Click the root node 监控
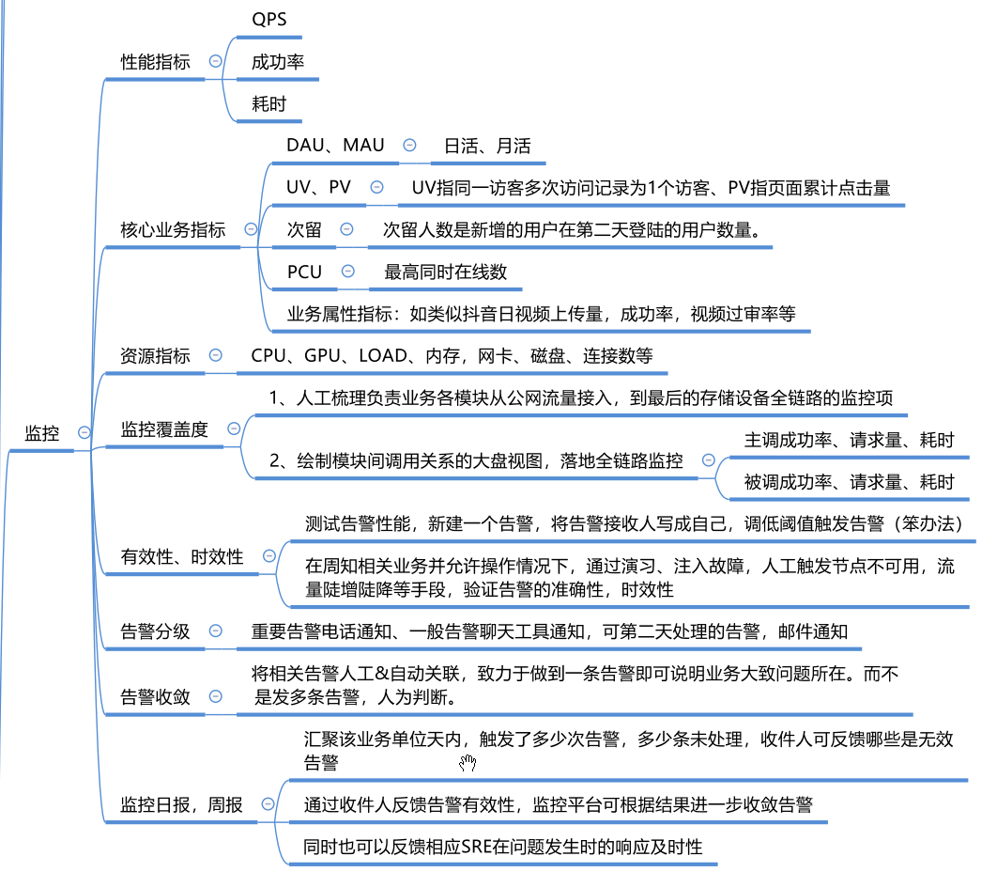pos(42,433)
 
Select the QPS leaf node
pos(268,19)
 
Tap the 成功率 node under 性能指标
pos(278,62)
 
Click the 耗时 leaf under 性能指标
pos(268,103)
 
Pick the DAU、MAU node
pos(335,145)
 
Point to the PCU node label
pos(304,272)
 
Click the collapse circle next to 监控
pos(84,433)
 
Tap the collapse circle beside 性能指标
pos(216,61)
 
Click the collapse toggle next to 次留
pos(346,229)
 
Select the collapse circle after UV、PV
pos(377,187)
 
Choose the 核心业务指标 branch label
pos(173,230)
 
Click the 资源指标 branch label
pos(155,356)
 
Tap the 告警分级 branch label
pos(155,631)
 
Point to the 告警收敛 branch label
pos(155,697)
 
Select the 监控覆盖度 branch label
pos(164,429)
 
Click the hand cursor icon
pos(468,762)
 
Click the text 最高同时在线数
pos(445,272)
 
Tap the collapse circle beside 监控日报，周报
pos(268,804)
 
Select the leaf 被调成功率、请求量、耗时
pos(849,482)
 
